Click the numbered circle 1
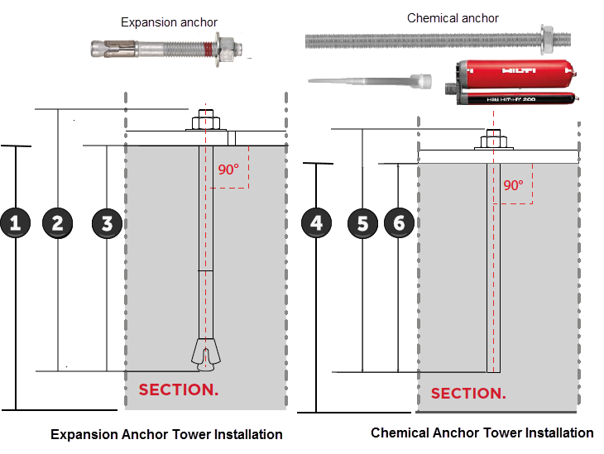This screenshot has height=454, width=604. pyautogui.click(x=16, y=222)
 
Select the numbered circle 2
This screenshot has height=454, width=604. pyautogui.click(x=57, y=222)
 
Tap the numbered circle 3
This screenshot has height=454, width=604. pyautogui.click(x=107, y=222)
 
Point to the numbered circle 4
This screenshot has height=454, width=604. pyautogui.click(x=317, y=222)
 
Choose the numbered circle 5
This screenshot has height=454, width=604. pyautogui.click(x=363, y=222)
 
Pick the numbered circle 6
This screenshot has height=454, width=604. pyautogui.click(x=399, y=222)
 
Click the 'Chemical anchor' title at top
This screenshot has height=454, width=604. pyautogui.click(x=453, y=18)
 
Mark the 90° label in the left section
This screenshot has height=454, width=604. pyautogui.click(x=228, y=170)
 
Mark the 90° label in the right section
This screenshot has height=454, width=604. pyautogui.click(x=514, y=185)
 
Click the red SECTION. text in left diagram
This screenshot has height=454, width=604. pyautogui.click(x=178, y=389)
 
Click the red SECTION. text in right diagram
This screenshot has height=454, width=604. pyautogui.click(x=468, y=393)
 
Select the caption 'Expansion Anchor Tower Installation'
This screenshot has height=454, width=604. pyautogui.click(x=166, y=434)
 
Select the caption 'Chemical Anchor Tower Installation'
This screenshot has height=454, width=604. pyautogui.click(x=482, y=432)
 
